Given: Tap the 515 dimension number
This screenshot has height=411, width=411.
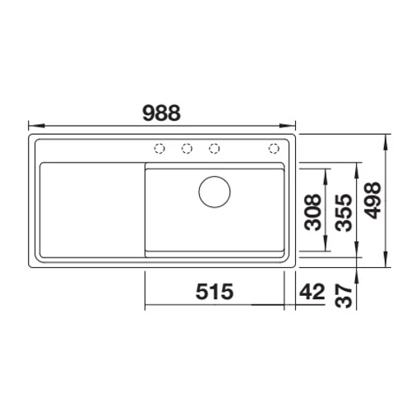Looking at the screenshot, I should click(x=214, y=291).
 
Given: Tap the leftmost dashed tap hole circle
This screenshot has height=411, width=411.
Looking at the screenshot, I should click(x=159, y=148).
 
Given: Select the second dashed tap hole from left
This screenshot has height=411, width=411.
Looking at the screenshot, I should click(x=187, y=148).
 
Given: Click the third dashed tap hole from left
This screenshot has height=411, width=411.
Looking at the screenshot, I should click(x=215, y=148).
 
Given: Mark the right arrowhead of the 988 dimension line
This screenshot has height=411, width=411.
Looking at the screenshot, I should click(x=294, y=126).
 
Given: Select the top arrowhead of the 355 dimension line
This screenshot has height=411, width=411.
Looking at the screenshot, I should click(x=357, y=164).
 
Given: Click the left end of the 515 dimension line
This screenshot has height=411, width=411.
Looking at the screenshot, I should click(x=146, y=305).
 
